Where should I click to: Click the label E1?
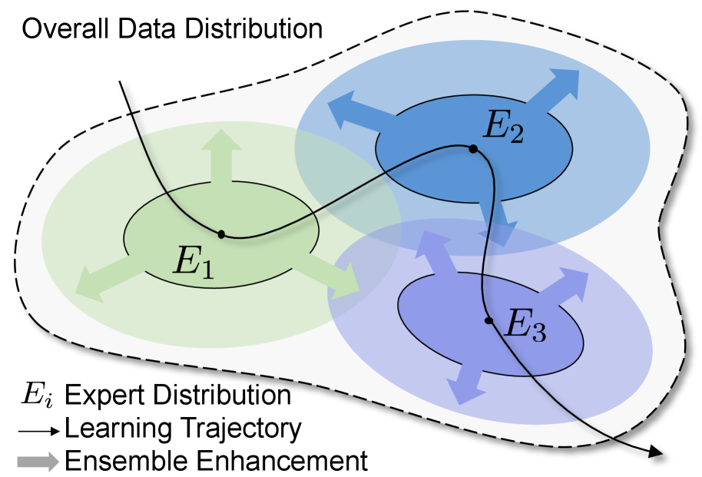(193, 261)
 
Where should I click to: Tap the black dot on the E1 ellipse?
(221, 234)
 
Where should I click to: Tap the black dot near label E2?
(473, 149)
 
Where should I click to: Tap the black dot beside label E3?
(488, 320)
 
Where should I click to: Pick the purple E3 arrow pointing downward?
(464, 381)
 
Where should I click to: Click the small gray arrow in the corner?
(38, 462)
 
